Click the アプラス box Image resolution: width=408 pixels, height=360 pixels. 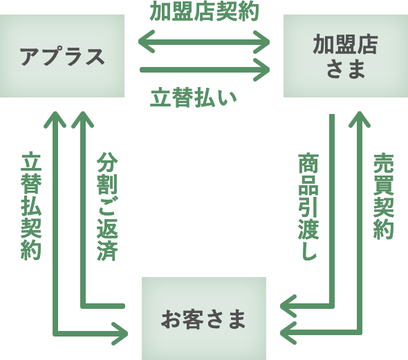click(x=62, y=56)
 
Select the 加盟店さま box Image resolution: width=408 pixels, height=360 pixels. click(x=345, y=56)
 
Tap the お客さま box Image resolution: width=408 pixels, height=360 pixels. click(x=204, y=319)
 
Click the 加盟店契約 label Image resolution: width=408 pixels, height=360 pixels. click(x=204, y=12)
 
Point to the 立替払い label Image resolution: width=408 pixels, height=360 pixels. click(x=194, y=98)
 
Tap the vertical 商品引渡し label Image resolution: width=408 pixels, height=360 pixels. click(x=307, y=207)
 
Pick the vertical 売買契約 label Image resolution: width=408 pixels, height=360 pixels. click(x=382, y=196)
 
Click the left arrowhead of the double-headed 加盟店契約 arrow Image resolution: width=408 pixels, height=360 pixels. click(x=145, y=43)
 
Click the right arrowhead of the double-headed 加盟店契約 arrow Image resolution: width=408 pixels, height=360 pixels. click(x=263, y=43)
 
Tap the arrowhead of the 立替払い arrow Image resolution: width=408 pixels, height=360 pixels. click(x=263, y=69)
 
